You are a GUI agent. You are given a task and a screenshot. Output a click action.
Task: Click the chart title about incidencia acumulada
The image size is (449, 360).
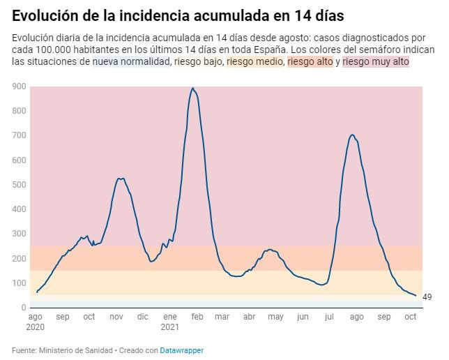tap(178, 15)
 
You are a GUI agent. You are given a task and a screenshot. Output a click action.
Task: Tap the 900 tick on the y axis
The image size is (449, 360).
tap(20, 87)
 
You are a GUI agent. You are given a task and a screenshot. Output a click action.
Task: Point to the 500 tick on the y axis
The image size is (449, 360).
tap(20, 185)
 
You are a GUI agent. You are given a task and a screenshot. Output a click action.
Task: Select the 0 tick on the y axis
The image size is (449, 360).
tap(24, 308)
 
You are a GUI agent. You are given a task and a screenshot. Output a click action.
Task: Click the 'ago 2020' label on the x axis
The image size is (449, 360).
tap(35, 322)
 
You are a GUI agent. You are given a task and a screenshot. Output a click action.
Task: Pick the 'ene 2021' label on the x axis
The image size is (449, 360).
tap(169, 322)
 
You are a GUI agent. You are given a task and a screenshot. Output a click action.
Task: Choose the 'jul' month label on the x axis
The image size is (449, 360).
tap(328, 317)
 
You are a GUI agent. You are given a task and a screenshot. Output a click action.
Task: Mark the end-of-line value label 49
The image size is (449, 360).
tap(427, 297)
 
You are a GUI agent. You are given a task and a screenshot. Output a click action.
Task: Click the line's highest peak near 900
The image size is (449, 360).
tap(192, 89)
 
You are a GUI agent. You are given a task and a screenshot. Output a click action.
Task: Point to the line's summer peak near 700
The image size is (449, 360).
tap(352, 135)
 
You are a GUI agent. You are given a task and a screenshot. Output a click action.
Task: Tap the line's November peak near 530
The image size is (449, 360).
tap(120, 179)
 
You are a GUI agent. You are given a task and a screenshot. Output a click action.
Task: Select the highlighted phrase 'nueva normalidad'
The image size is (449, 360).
tap(131, 62)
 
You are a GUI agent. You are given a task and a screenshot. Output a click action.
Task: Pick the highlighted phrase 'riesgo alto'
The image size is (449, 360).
tap(310, 62)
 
